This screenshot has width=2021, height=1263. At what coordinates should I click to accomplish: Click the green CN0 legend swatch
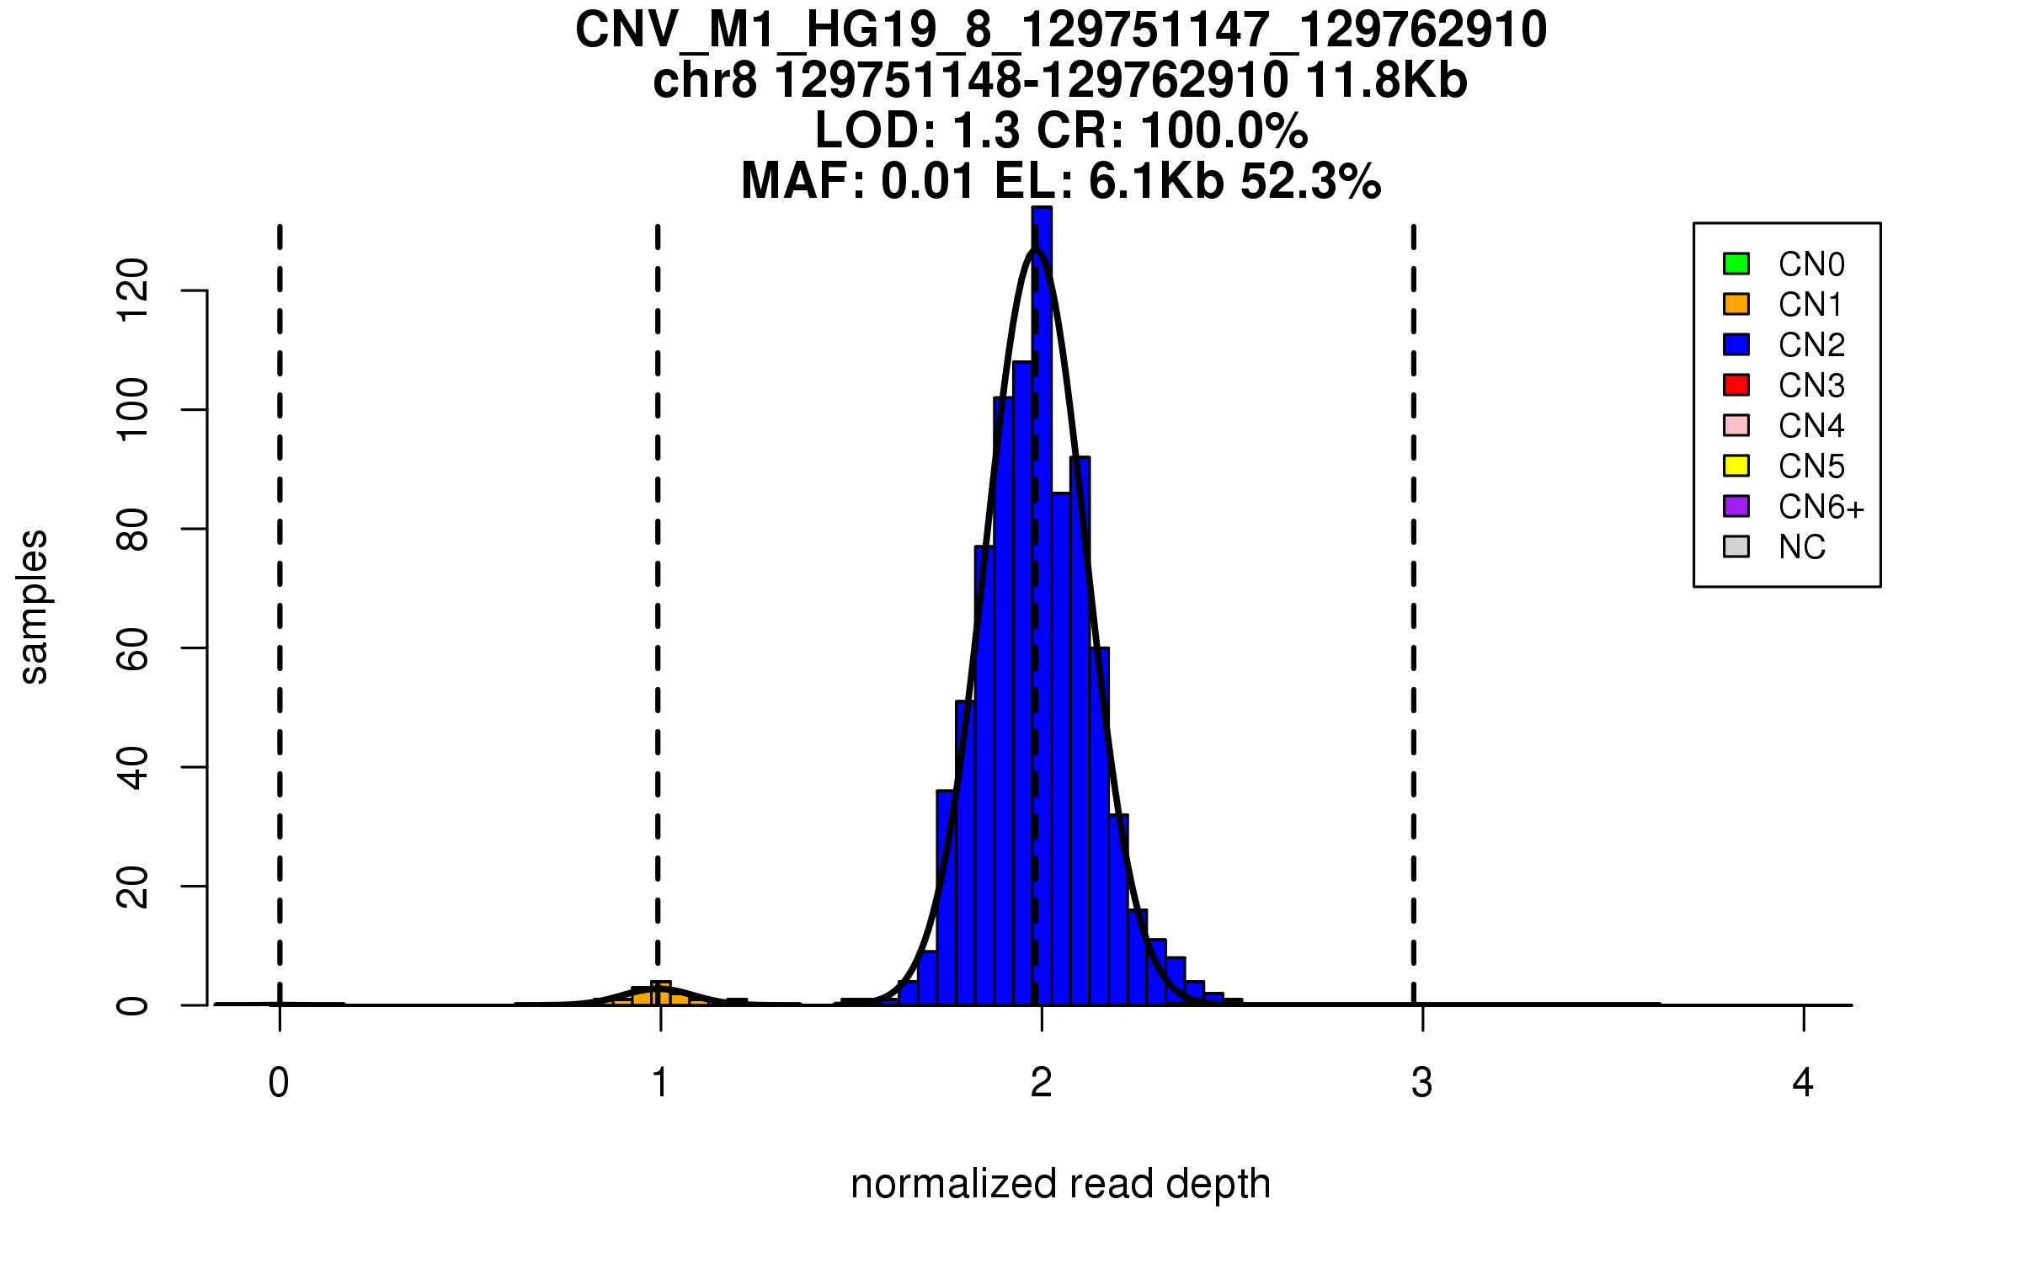pyautogui.click(x=1736, y=264)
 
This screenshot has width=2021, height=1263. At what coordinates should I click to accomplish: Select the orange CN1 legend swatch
pyautogui.click(x=1736, y=304)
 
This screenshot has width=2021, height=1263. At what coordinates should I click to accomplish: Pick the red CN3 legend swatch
pyautogui.click(x=1736, y=385)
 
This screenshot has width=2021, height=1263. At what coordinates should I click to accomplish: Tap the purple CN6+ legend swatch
pyautogui.click(x=1736, y=506)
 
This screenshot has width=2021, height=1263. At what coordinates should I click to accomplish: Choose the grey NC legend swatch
pyautogui.click(x=1736, y=546)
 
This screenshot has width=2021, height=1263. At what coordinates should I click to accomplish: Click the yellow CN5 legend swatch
pyautogui.click(x=1736, y=466)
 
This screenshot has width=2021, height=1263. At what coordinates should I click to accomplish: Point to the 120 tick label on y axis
pyautogui.click(x=132, y=290)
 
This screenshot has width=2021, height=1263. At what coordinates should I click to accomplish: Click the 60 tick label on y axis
pyautogui.click(x=132, y=648)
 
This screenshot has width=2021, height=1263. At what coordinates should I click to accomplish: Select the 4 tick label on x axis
pyautogui.click(x=1803, y=1083)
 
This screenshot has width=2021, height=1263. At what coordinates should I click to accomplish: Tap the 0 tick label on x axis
pyautogui.click(x=279, y=1083)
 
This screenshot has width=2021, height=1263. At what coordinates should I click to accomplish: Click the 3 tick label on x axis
pyautogui.click(x=1422, y=1083)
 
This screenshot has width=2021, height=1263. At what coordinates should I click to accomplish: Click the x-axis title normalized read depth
pyautogui.click(x=1060, y=1184)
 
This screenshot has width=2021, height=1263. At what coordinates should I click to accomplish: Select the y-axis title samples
pyautogui.click(x=34, y=606)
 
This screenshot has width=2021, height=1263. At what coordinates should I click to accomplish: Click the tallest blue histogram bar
pyautogui.click(x=1042, y=589)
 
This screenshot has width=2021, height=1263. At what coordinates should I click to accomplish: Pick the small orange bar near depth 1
pyautogui.click(x=661, y=994)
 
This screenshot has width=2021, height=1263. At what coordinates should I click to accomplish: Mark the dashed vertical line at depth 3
pyautogui.click(x=1414, y=589)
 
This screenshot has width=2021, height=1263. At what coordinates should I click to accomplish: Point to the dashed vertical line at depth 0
pyautogui.click(x=280, y=589)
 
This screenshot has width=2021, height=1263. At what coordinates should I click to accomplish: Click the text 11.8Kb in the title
pyautogui.click(x=1386, y=81)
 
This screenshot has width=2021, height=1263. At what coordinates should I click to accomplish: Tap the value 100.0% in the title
pyautogui.click(x=1224, y=131)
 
